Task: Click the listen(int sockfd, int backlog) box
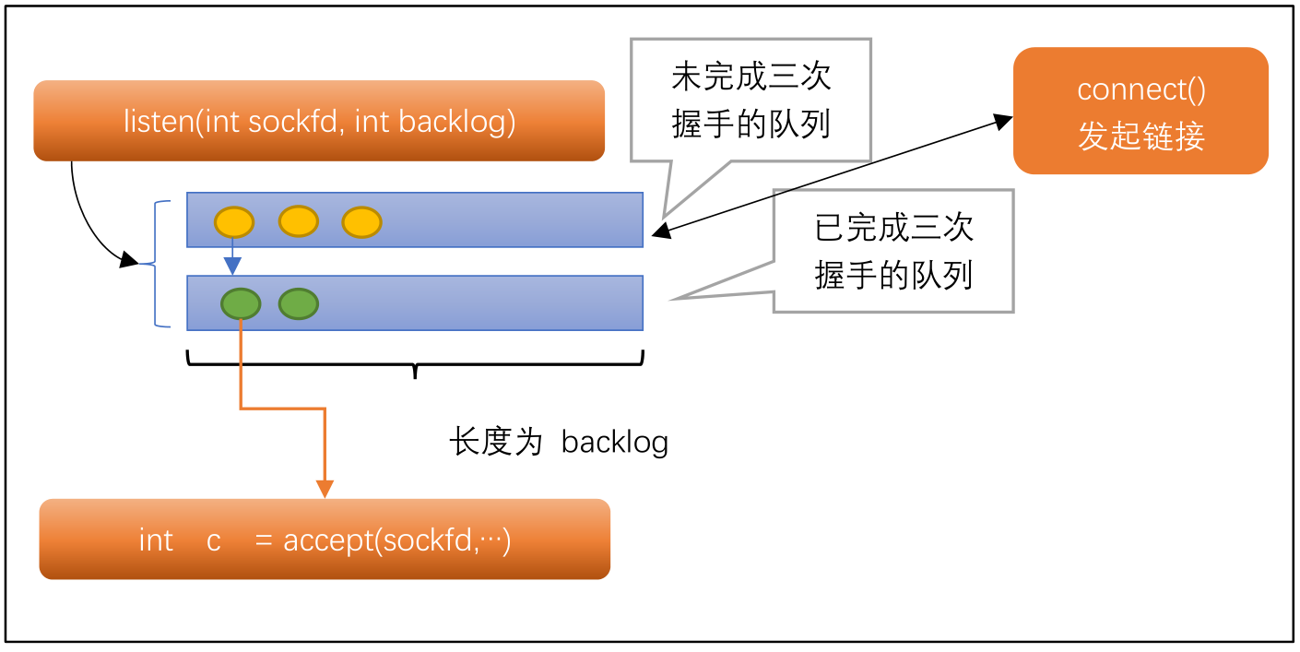coord(319,121)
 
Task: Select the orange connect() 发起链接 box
coord(1140,111)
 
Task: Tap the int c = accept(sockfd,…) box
coord(325,539)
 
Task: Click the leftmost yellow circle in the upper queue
coord(234,222)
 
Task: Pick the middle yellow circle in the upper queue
coord(298,221)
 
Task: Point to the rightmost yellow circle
coord(361,222)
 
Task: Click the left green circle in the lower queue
coord(241,303)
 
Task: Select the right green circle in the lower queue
coord(298,303)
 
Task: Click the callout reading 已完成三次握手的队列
coord(892,251)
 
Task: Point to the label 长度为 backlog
coord(559,443)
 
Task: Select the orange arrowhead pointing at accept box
coord(325,489)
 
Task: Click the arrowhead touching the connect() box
coord(1003,121)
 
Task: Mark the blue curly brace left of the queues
coord(160,264)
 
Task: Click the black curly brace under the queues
coord(415,362)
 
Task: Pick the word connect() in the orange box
coord(1140,90)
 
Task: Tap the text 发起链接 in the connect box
coord(1140,137)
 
